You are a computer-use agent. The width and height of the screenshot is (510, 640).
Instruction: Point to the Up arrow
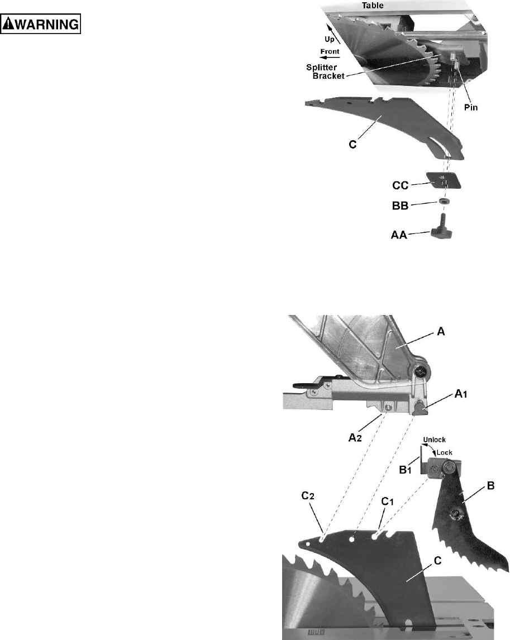click(x=335, y=31)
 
